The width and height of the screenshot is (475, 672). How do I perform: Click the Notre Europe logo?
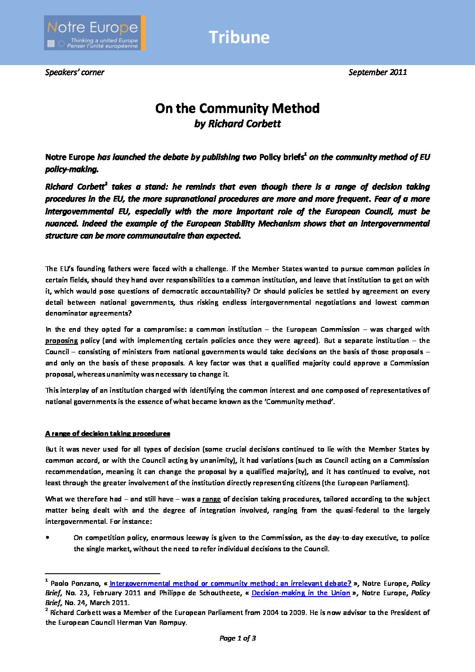tap(95, 33)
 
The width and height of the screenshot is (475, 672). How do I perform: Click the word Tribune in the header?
tap(239, 37)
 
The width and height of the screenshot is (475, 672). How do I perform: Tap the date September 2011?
tap(378, 72)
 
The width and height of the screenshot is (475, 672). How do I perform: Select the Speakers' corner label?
tap(75, 72)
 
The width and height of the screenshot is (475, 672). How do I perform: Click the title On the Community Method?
tap(237, 108)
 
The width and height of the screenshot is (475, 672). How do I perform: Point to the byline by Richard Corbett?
tap(237, 124)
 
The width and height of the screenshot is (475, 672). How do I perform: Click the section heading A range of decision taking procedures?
tap(108, 434)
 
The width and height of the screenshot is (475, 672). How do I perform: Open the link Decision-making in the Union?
tap(300, 593)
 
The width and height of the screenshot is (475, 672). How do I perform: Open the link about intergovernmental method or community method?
tap(230, 584)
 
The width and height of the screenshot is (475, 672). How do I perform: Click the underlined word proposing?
tap(62, 341)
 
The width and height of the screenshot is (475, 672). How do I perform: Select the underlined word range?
tap(211, 499)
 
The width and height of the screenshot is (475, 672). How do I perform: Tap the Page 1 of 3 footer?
tap(237, 638)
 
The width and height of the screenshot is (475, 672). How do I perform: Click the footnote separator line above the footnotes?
tap(102, 573)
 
